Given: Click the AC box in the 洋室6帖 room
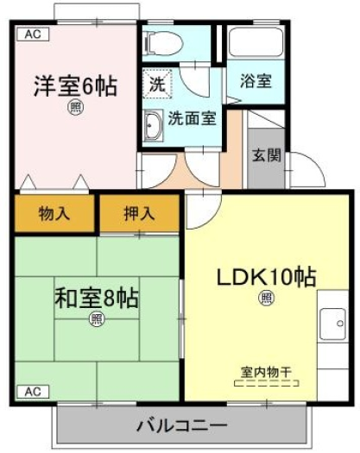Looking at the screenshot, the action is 34,35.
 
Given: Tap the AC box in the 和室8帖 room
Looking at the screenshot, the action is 34,392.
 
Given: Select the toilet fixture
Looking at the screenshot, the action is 163,43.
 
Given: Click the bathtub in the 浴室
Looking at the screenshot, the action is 256,42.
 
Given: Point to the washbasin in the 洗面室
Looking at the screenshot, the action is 153,126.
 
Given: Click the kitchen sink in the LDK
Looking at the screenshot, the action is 332,324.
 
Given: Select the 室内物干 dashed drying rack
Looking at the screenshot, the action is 266,383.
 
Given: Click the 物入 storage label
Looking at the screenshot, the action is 54,214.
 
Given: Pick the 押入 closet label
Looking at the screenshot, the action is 139,214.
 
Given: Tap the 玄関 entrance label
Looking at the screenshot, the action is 266,156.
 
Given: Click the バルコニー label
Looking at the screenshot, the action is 182,425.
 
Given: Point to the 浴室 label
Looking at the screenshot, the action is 256,81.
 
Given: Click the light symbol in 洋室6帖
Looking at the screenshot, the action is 76,108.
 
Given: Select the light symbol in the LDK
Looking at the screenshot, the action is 266,299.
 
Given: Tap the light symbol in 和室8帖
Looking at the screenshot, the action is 97,319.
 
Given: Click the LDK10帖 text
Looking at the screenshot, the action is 266,277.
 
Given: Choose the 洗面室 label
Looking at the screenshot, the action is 193,118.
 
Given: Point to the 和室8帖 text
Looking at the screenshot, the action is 97,299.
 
